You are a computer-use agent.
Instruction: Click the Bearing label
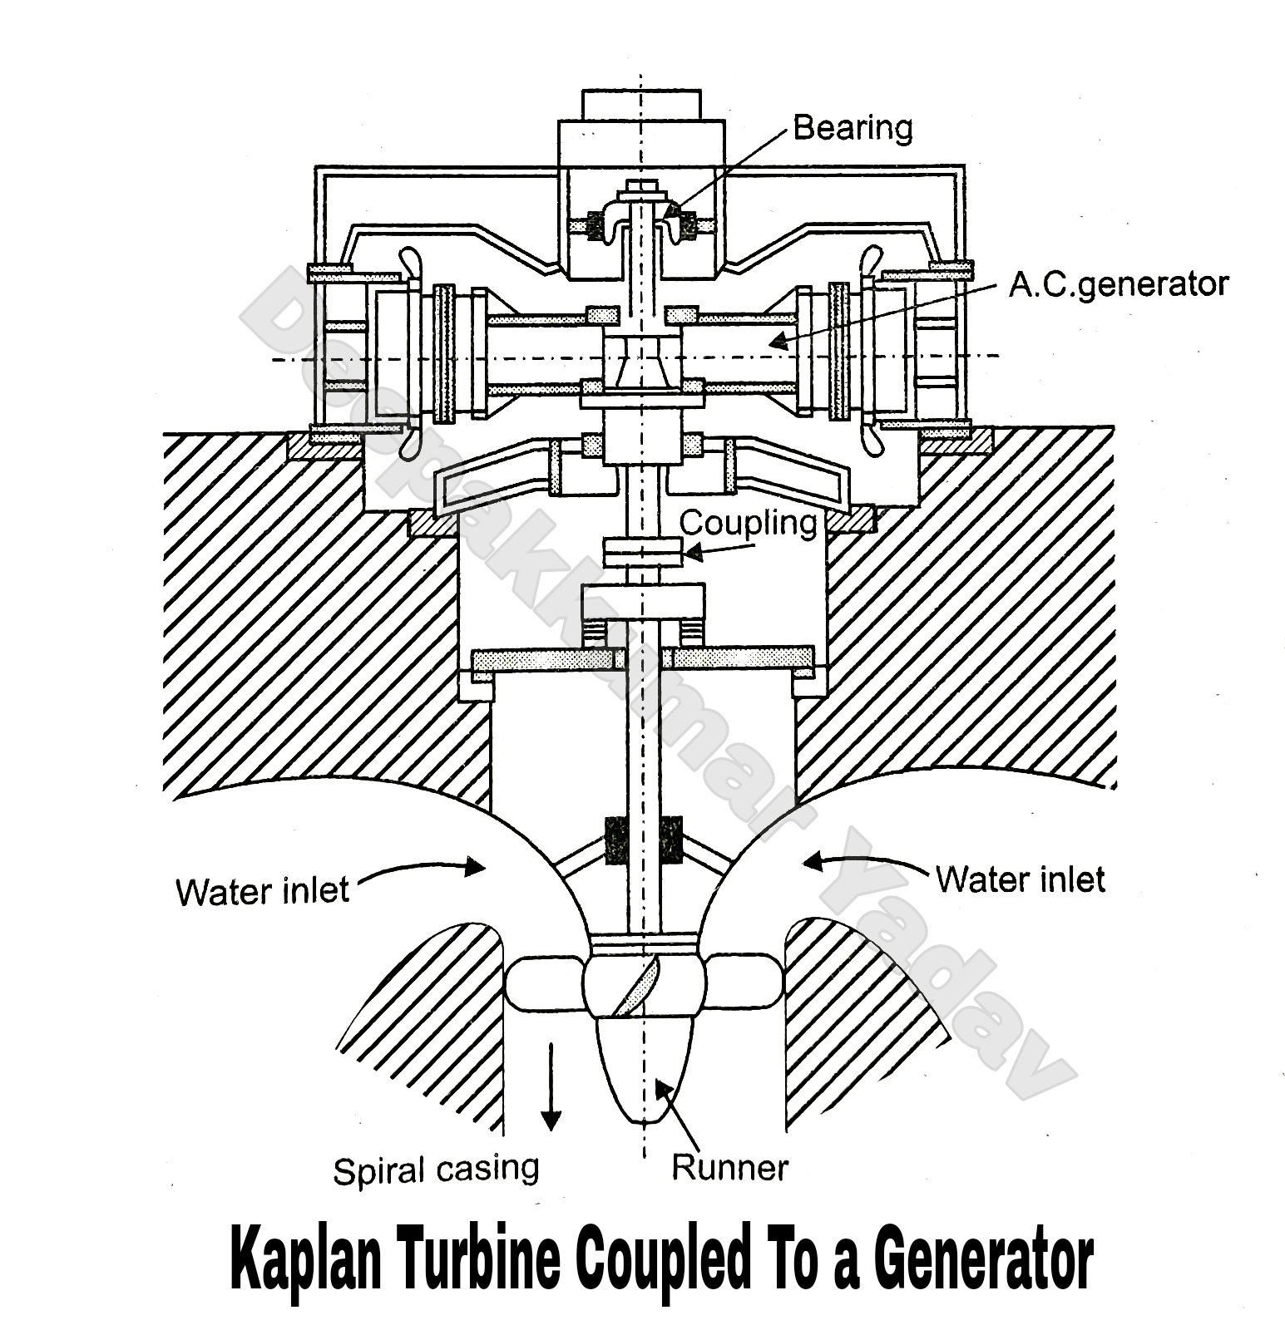point(852,128)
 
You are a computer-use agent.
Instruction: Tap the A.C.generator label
point(1117,285)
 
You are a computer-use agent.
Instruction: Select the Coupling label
point(748,523)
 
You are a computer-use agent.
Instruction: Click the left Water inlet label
point(262,892)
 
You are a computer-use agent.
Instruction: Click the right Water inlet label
point(1020,879)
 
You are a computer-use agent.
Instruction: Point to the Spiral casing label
point(436,1170)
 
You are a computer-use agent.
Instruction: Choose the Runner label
point(729,1168)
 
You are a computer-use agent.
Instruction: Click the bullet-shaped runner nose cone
point(645,1068)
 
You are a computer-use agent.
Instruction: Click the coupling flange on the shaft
point(641,554)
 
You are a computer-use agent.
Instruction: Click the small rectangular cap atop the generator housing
point(640,103)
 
